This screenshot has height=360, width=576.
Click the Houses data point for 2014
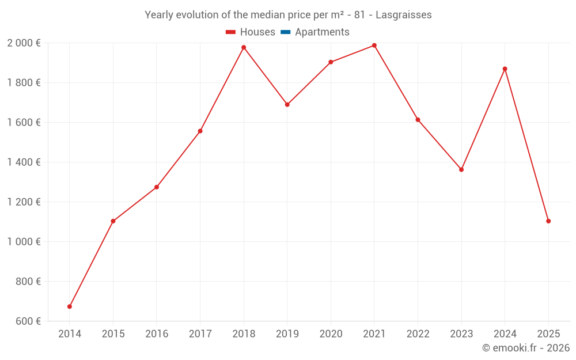click(70, 306)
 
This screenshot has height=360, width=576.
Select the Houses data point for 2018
click(244, 47)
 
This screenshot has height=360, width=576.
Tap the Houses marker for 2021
click(374, 46)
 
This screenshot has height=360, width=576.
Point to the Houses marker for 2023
click(461, 169)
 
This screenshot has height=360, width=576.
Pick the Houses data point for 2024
click(505, 69)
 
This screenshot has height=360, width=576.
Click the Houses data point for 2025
click(548, 221)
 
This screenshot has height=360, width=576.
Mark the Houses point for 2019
click(287, 105)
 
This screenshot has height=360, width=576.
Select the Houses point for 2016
click(157, 187)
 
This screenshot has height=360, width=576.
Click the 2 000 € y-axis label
click(24, 43)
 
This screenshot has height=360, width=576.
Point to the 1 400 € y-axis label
click(24, 162)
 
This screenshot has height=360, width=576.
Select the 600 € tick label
click(27, 321)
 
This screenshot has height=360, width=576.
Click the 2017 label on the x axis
click(200, 334)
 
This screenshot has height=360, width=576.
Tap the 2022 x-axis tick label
click(418, 334)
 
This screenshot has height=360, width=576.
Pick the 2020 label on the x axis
click(331, 334)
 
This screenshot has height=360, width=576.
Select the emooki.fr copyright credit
click(526, 348)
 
